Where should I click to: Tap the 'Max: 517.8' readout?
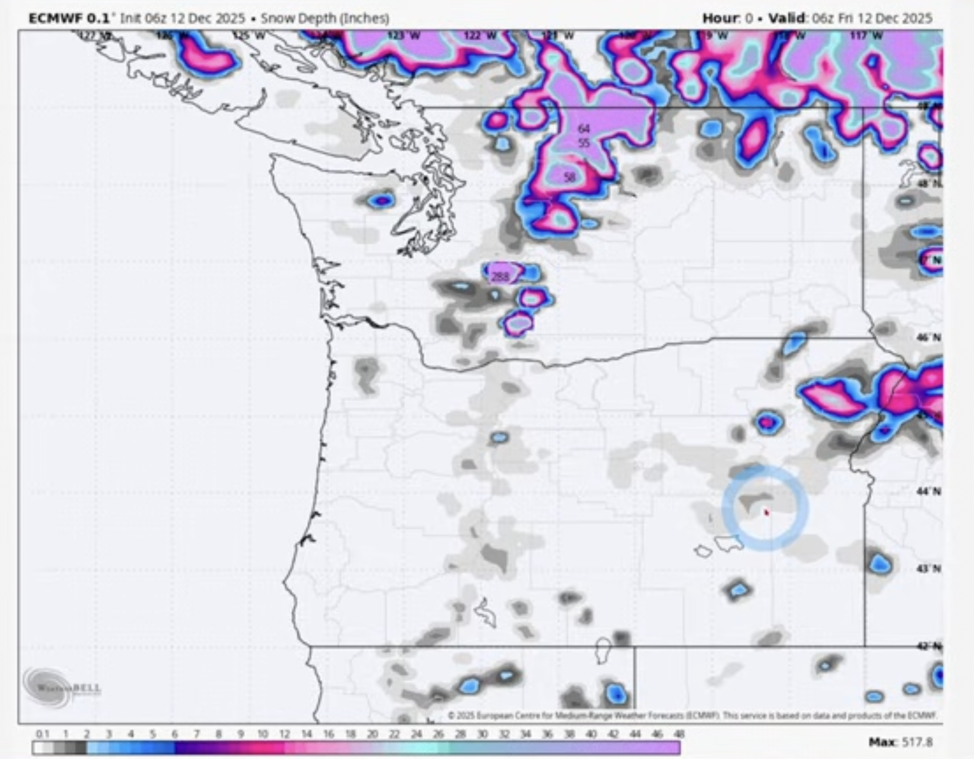(900, 742)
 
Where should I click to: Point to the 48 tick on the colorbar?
(679, 734)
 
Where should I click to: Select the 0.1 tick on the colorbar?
(42, 734)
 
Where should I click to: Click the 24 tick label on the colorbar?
(416, 734)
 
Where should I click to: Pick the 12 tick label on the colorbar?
(285, 734)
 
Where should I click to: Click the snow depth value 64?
(584, 129)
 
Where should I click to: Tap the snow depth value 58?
(570, 177)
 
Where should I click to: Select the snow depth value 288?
(499, 277)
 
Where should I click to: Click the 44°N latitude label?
(929, 492)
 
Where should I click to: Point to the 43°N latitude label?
(929, 568)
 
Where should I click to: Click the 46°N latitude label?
(929, 338)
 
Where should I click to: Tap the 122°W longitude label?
(480, 36)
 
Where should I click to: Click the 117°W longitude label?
(866, 36)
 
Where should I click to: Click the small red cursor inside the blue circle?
(767, 513)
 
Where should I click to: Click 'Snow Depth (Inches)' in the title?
(325, 18)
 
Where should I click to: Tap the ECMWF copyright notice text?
(691, 716)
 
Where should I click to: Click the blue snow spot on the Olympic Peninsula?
(382, 201)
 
